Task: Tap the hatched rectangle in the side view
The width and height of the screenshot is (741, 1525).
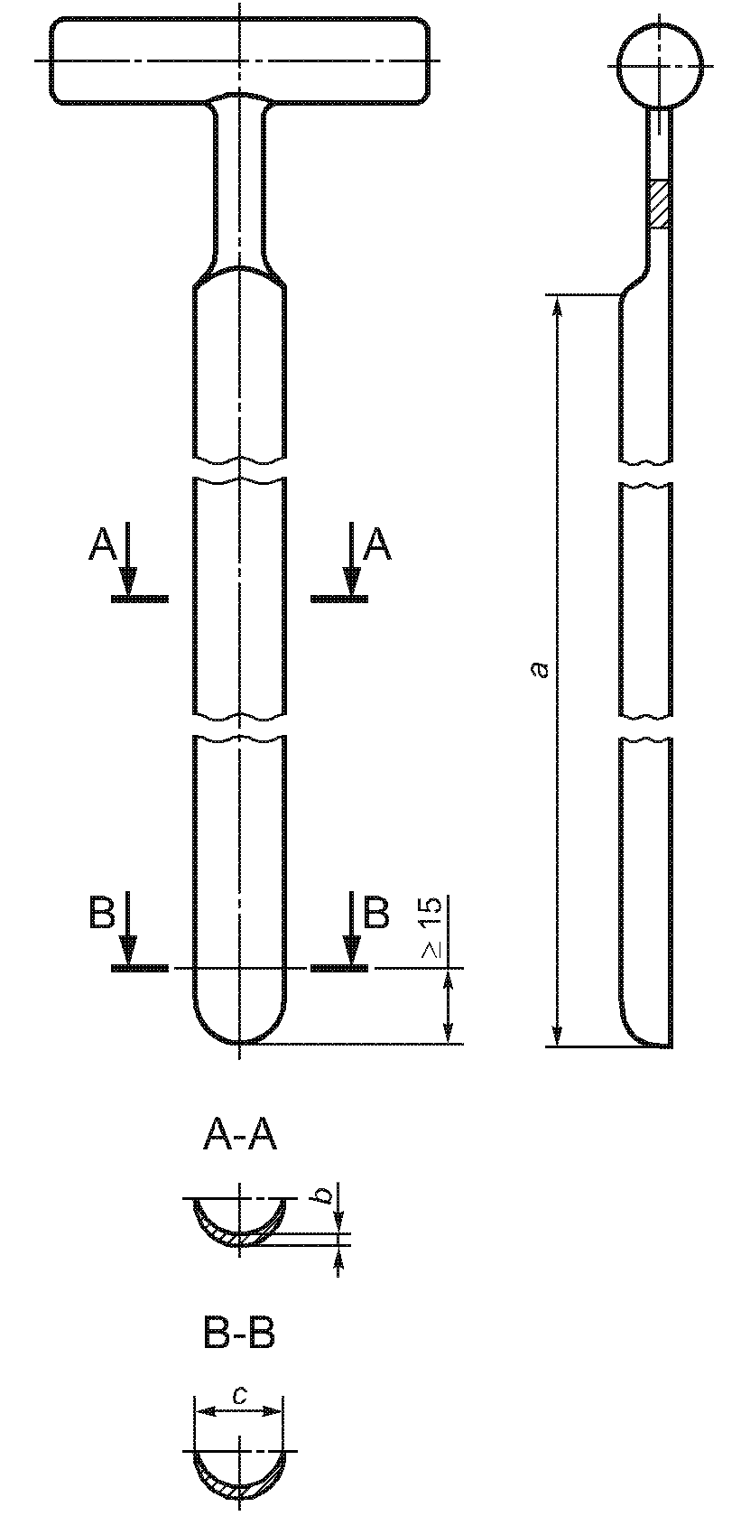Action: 659,204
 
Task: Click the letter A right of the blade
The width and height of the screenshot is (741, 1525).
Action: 377,545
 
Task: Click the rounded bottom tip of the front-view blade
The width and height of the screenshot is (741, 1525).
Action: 239,1042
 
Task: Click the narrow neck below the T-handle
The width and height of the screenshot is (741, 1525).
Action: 239,184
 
